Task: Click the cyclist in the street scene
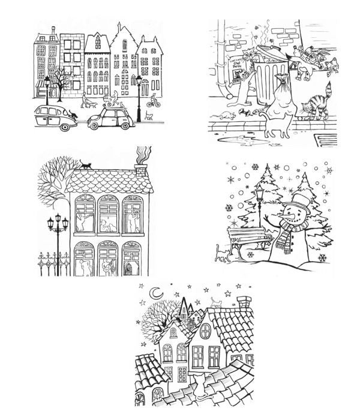pos(154,98)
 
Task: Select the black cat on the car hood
pos(74,114)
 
